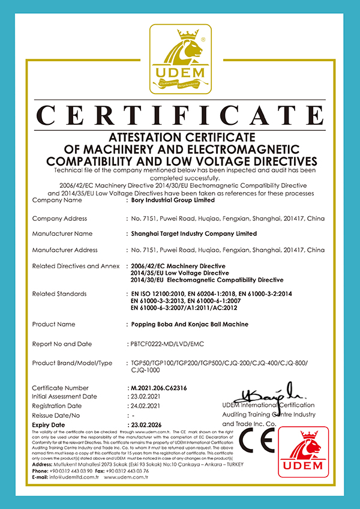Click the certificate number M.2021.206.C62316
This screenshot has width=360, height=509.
[x=159, y=388]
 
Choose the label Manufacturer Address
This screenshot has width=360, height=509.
[x=65, y=250]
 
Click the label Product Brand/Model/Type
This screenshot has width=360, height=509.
[x=72, y=363]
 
